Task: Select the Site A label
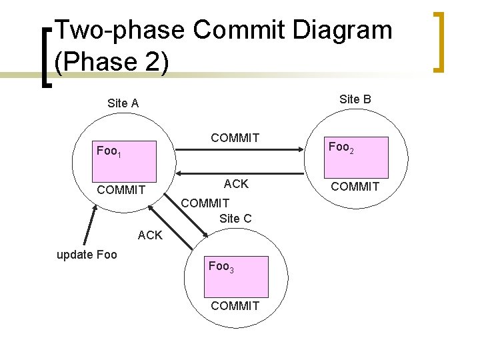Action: (x=123, y=103)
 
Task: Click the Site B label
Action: (x=355, y=99)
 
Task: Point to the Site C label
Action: (x=235, y=218)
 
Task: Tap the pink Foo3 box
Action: (x=237, y=276)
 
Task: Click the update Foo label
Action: (x=87, y=255)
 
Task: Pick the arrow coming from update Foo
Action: (x=89, y=225)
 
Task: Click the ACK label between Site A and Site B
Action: (x=236, y=184)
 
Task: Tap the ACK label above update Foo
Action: (x=149, y=235)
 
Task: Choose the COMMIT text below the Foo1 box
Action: (x=121, y=190)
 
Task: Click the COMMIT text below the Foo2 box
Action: (x=355, y=187)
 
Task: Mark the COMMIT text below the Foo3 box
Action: (x=235, y=306)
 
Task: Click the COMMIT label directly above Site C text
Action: (x=205, y=203)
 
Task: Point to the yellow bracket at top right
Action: (x=439, y=41)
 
